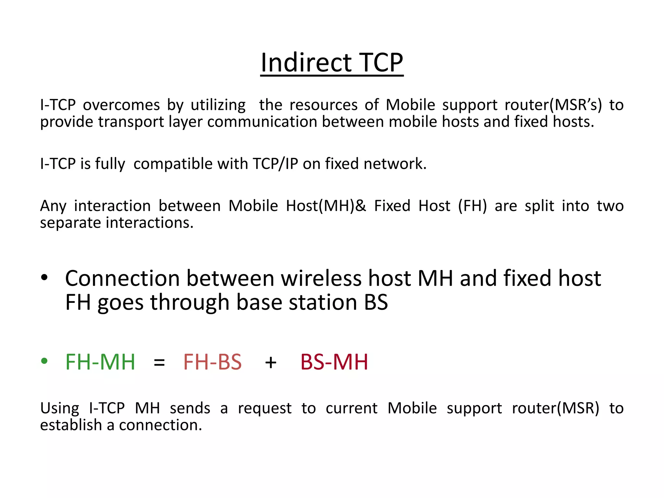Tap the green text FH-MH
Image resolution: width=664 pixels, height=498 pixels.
tap(100, 362)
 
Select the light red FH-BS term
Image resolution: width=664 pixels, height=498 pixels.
tap(212, 362)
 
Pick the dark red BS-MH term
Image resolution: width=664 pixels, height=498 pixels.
tap(334, 362)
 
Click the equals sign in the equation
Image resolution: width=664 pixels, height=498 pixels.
tap(159, 362)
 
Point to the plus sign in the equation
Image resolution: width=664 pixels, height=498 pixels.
tap(270, 362)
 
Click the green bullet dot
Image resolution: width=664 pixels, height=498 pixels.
tap(44, 361)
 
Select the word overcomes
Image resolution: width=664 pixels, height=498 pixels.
tap(121, 105)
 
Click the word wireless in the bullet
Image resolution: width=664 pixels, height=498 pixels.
tap(321, 279)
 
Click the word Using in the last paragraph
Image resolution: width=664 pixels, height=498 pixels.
tap(60, 409)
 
